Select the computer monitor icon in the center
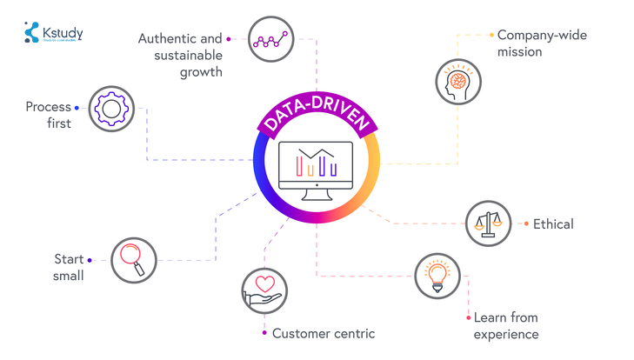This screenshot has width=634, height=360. coord(316,166)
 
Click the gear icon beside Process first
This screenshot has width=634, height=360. coord(111,109)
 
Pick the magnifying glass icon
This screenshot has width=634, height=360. coord(133,259)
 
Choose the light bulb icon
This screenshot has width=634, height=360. coord(437,276)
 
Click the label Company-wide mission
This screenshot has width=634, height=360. coord(532,43)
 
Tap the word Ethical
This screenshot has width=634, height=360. coord(553,224)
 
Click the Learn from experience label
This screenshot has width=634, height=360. coord(506,326)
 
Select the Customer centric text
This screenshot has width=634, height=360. coord(324,333)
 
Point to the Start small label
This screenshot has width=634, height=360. coord(69,268)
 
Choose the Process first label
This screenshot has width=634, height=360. coord(49,116)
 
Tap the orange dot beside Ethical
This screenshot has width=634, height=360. coord(526,224)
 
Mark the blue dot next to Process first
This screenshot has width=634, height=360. coord(77,108)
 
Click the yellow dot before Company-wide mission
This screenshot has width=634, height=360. coord(491,36)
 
